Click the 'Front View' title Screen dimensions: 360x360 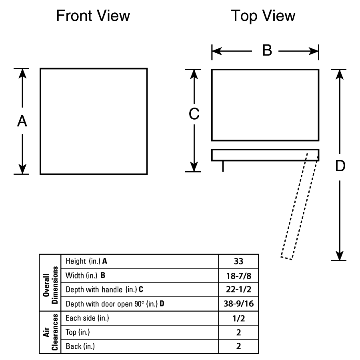pos(93,16)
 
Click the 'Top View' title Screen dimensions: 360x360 pos(263,16)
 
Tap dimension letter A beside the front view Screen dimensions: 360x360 pos(22,121)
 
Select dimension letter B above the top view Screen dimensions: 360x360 pos(267,50)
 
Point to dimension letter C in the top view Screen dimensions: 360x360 pos(194,114)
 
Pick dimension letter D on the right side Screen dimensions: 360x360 pos(340,166)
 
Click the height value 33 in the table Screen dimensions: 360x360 pos(238,261)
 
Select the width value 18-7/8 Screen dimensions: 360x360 pos(238,276)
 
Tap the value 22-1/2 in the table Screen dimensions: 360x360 pos(238,289)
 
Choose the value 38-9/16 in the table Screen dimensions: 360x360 pos(238,304)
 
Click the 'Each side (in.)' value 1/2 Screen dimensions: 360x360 pos(238,318)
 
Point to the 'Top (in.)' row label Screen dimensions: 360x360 pos(78,332)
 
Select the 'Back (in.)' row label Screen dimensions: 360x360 pos(80,346)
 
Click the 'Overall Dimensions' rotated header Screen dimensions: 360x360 pos(50,285)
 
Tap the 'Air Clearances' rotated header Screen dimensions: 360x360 pos(50,332)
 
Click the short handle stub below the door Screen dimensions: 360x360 pos(223,166)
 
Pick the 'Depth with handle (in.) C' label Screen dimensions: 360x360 pos(104,290)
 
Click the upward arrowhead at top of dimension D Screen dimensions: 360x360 pos(340,74)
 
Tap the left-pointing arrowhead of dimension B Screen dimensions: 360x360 pos(217,51)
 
